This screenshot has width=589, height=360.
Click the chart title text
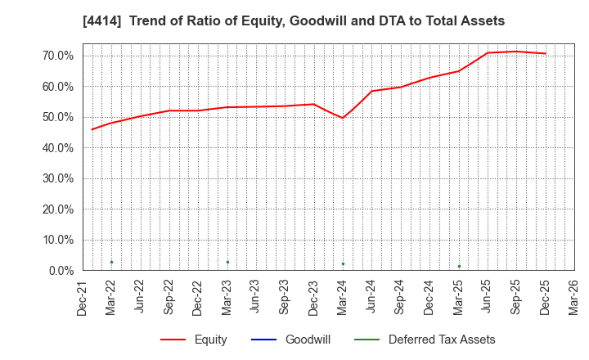pyautogui.click(x=294, y=21)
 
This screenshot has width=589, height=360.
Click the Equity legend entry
pyautogui.click(x=194, y=340)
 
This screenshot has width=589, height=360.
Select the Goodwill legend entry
pyautogui.click(x=290, y=340)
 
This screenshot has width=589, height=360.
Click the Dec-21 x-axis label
pyautogui.click(x=83, y=298)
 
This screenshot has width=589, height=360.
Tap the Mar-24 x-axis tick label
pyautogui.click(x=343, y=298)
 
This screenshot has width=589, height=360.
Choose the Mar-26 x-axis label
pyautogui.click(x=574, y=298)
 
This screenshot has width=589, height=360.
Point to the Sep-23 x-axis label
pyautogui.click(x=285, y=298)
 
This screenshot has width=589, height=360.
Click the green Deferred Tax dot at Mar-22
pyautogui.click(x=111, y=262)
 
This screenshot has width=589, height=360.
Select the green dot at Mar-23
pyautogui.click(x=227, y=262)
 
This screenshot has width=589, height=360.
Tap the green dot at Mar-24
pyautogui.click(x=343, y=263)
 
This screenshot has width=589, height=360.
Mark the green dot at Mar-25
pyautogui.click(x=459, y=266)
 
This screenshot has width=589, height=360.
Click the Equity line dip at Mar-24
pyautogui.click(x=343, y=118)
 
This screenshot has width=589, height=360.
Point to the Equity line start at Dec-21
pyautogui.click(x=92, y=129)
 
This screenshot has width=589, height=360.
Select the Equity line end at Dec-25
pyautogui.click(x=546, y=53)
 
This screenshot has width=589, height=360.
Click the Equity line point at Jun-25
pyautogui.click(x=488, y=52)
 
